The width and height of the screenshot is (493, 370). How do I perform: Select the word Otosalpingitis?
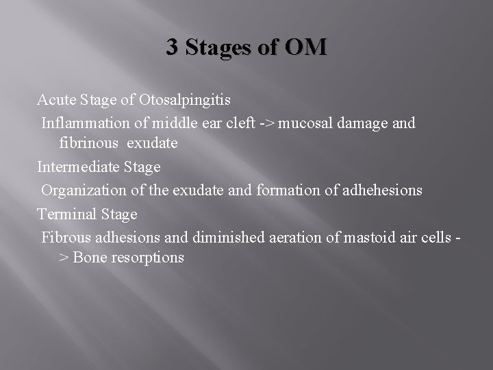184,100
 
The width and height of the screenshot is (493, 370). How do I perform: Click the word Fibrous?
66,237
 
